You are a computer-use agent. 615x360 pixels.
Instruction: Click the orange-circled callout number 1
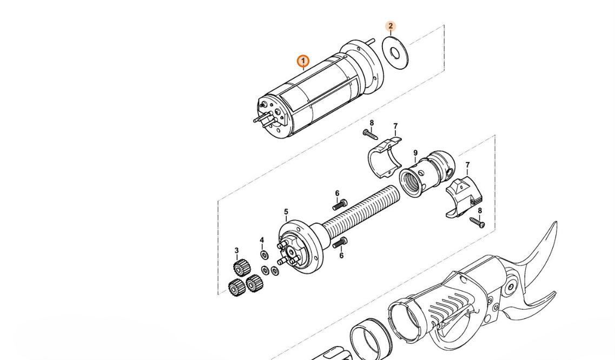click(x=303, y=61)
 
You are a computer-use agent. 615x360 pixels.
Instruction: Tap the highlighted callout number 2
click(x=391, y=26)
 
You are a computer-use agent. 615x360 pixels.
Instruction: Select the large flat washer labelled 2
click(x=395, y=53)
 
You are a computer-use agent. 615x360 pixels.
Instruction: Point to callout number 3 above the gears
click(x=236, y=251)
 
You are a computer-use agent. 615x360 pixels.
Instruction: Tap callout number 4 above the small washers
click(x=262, y=240)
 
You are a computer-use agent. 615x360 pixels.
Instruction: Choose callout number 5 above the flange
click(x=286, y=212)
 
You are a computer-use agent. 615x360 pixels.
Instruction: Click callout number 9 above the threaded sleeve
click(x=415, y=153)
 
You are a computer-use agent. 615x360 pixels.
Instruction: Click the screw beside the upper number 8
click(x=370, y=135)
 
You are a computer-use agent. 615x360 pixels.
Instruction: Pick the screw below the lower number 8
click(x=477, y=222)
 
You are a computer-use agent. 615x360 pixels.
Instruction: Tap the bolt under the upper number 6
click(x=340, y=205)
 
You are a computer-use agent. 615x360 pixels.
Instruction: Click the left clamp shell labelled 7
click(x=384, y=157)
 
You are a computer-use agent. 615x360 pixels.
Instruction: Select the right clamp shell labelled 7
click(x=465, y=197)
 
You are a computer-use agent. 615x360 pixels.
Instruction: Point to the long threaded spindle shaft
click(x=361, y=212)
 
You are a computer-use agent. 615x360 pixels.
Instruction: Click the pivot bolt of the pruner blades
click(x=510, y=288)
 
